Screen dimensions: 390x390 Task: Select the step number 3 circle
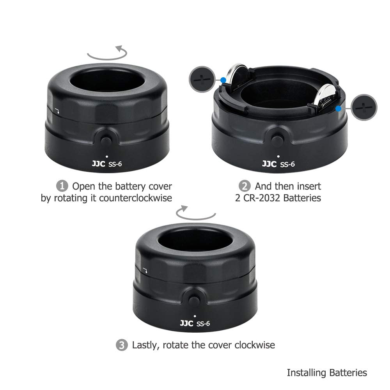122,345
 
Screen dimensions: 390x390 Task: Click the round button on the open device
277,140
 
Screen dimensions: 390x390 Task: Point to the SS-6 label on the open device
288,164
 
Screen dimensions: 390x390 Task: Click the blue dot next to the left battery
223,81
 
